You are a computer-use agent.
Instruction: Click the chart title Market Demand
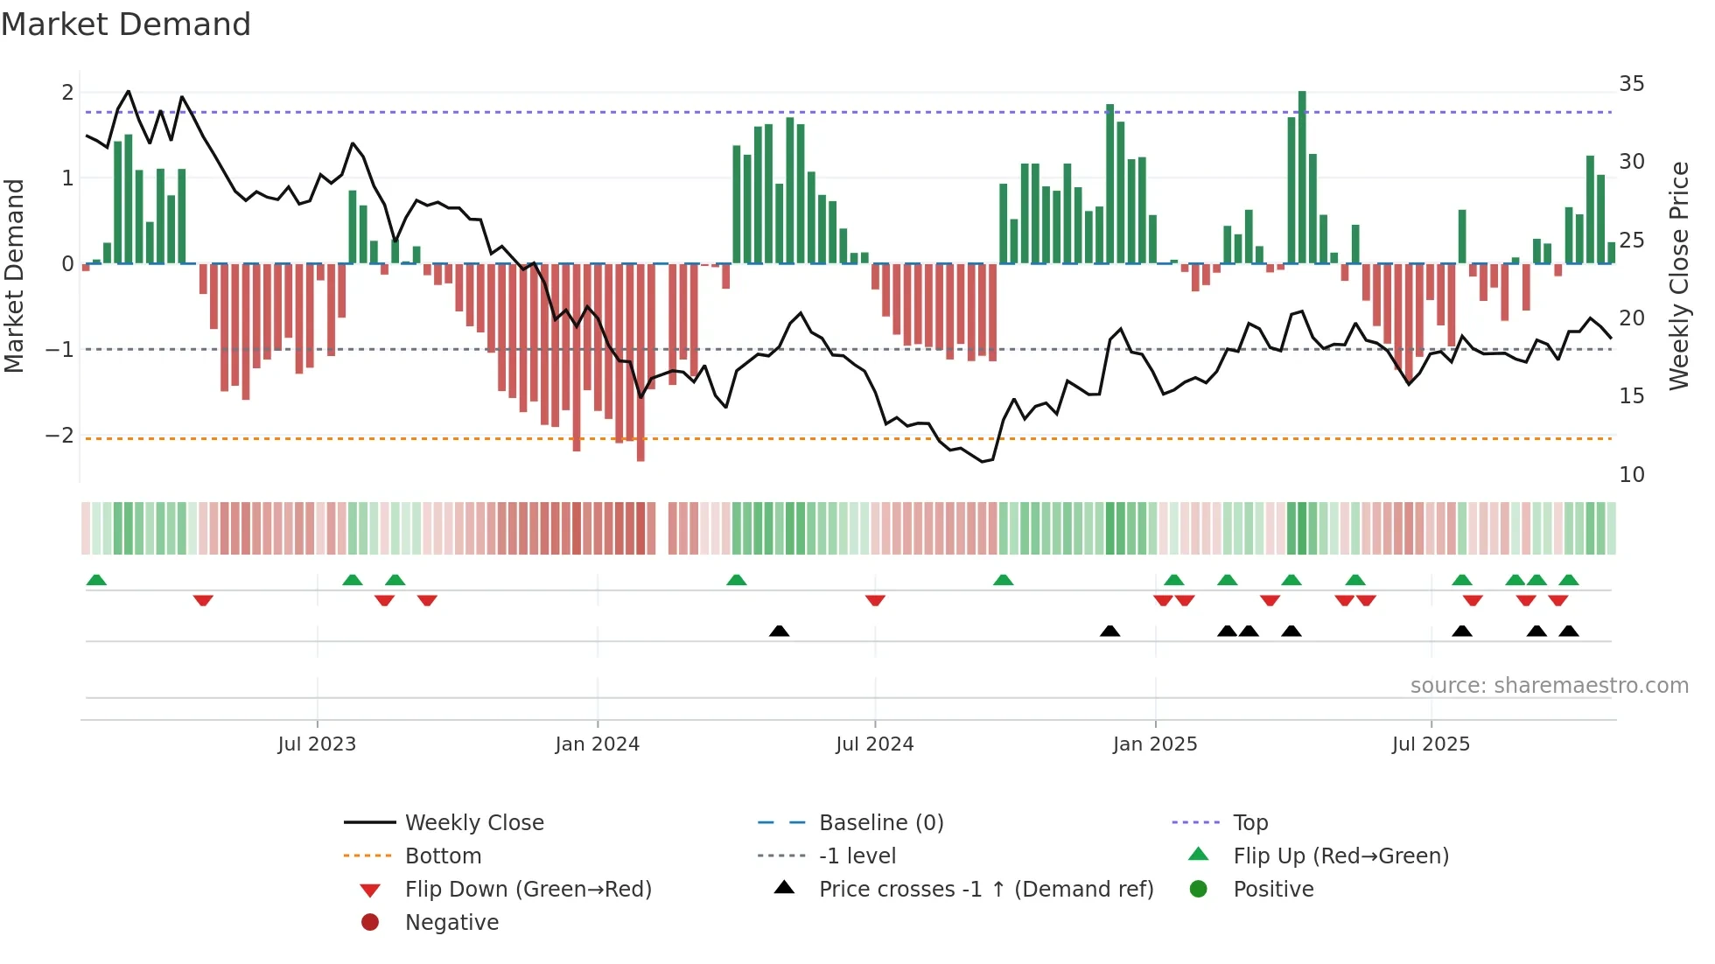point(126,24)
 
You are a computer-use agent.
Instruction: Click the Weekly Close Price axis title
point(1678,276)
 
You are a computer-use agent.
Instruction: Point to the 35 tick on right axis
point(1631,84)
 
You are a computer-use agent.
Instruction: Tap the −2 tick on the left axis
point(59,436)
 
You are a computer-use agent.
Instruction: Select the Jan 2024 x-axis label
point(598,744)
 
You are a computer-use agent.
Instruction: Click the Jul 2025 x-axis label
point(1431,744)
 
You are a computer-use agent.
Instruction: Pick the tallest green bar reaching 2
point(1302,175)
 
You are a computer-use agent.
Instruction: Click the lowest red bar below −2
point(640,363)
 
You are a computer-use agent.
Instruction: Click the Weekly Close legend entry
point(473,823)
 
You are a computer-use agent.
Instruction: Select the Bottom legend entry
point(443,856)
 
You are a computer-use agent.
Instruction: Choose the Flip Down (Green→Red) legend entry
point(528,890)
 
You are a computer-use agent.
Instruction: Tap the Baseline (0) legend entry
point(880,823)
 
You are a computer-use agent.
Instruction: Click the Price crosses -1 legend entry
point(985,890)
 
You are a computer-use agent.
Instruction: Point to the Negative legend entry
point(451,923)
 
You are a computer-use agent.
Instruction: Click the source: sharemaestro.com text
point(1549,686)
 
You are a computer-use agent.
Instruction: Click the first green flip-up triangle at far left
point(96,580)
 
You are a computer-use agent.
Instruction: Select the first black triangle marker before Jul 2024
point(779,631)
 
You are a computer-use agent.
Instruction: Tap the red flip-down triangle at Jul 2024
point(875,600)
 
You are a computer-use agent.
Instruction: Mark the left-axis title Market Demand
point(14,276)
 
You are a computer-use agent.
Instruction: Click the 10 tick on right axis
point(1631,475)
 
